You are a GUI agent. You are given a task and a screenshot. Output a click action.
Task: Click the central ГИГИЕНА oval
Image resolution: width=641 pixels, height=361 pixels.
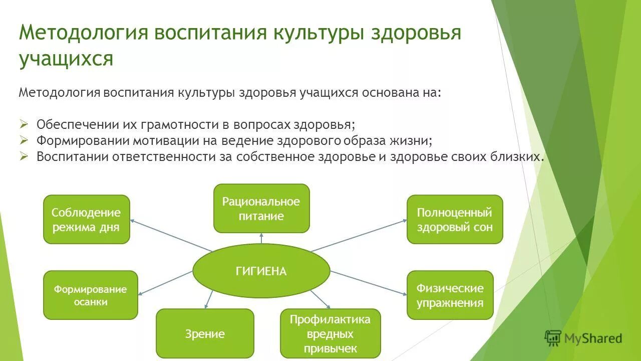(261, 271)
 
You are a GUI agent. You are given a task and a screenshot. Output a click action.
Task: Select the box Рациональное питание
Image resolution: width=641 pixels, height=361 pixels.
(261, 209)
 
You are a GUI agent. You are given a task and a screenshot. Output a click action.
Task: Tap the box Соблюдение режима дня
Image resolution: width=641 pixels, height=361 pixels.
(86, 220)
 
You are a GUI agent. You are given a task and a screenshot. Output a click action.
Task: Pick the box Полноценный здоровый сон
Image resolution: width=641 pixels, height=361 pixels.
(454, 220)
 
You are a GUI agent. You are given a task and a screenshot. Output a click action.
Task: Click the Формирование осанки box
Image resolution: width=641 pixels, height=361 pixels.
(90, 295)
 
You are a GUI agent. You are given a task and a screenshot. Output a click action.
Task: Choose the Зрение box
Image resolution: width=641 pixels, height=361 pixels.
(205, 333)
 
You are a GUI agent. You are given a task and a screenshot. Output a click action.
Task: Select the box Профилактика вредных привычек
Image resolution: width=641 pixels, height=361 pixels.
(330, 334)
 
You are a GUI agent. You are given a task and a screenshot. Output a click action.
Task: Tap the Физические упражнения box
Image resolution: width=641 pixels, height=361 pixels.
(450, 295)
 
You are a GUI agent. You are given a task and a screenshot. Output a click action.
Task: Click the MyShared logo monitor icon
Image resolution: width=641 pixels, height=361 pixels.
(553, 338)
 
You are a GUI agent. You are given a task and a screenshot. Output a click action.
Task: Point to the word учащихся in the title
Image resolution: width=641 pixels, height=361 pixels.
(66, 58)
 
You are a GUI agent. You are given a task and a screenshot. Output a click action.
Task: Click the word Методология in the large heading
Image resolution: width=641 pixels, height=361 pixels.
(83, 33)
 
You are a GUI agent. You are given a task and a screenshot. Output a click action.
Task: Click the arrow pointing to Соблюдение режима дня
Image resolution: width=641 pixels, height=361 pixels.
(170, 235)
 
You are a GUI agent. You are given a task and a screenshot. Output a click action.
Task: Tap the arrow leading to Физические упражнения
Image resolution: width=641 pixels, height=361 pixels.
(368, 283)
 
